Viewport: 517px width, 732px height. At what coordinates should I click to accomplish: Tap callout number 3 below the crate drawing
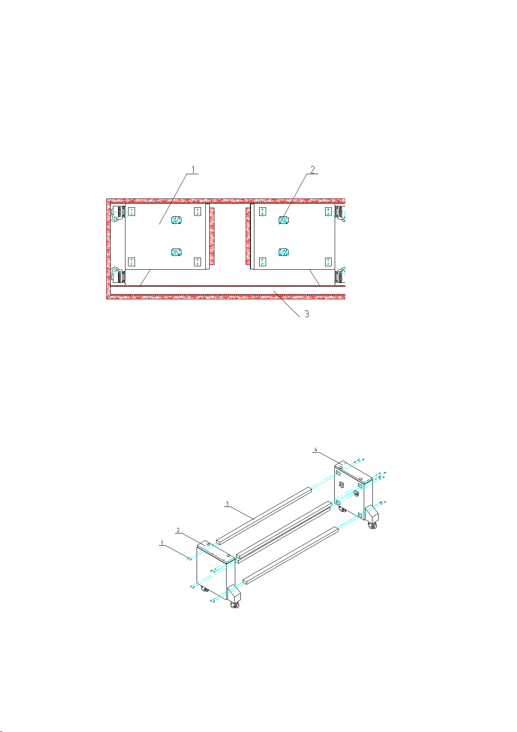(306, 314)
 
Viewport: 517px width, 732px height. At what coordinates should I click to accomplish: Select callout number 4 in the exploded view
(316, 449)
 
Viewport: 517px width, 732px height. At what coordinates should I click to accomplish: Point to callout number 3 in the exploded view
(227, 504)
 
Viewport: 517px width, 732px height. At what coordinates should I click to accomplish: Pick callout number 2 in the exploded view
(178, 530)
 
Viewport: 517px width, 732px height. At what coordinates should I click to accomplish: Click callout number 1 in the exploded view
(162, 543)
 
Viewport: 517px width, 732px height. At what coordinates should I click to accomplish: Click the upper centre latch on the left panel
(176, 220)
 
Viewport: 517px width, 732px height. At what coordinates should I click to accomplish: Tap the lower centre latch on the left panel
(176, 252)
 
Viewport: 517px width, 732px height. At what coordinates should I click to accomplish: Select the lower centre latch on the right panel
(283, 252)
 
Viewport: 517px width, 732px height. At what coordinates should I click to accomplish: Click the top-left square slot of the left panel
(132, 212)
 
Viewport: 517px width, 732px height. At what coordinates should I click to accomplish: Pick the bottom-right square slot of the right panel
(328, 262)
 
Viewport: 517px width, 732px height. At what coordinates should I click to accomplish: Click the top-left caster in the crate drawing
(117, 213)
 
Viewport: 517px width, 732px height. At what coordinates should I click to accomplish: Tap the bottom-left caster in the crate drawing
(117, 275)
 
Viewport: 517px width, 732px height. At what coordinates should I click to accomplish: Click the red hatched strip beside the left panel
(212, 236)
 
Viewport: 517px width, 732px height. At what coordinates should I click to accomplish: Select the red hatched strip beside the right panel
(248, 236)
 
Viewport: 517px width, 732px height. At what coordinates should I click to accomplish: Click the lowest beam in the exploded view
(290, 555)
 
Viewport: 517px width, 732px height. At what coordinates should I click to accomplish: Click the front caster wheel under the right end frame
(372, 527)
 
